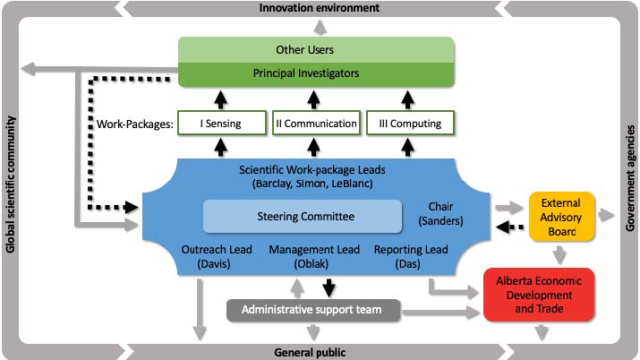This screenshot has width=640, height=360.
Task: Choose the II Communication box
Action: click(315, 123)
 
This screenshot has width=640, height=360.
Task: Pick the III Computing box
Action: click(409, 123)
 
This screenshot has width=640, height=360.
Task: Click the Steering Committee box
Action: click(302, 216)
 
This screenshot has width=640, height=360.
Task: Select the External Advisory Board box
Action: click(561, 216)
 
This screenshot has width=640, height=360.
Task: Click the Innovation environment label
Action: click(319, 8)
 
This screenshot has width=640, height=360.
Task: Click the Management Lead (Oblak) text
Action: click(307, 257)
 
